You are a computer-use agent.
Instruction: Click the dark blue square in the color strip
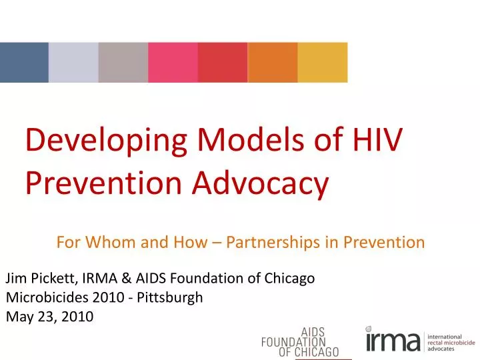coord(24,63)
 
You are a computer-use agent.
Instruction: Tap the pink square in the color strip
coord(173,63)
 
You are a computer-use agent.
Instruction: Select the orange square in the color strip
coord(272,63)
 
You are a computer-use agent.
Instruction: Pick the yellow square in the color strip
coord(323,63)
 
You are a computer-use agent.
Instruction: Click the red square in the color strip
coord(223,63)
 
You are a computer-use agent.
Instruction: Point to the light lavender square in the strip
coord(73,63)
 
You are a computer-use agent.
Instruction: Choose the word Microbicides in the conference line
coord(45,297)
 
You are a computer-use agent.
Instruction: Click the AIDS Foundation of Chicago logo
coord(300,342)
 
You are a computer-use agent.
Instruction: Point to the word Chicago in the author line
coord(289,279)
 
